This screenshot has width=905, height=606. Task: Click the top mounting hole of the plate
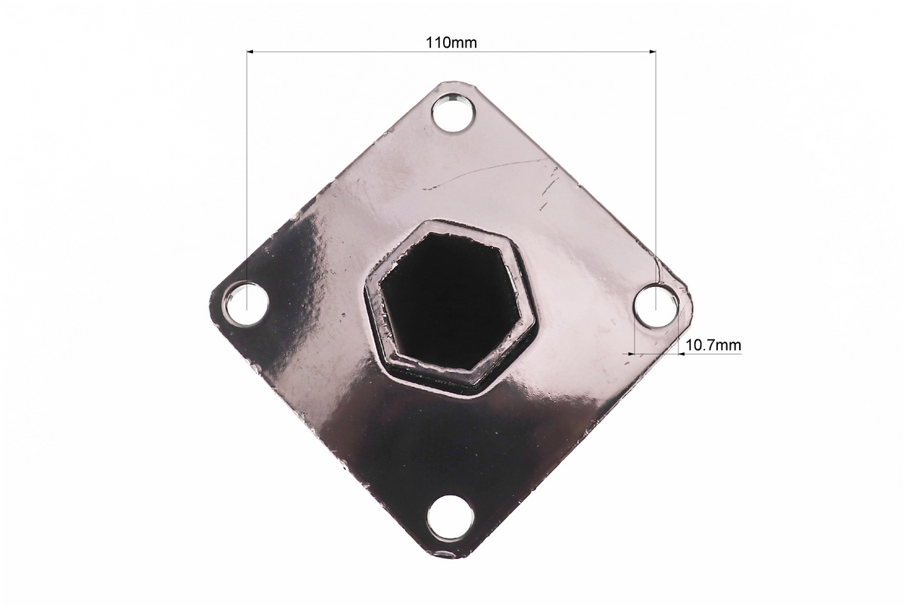coord(453,113)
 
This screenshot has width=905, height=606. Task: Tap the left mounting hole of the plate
coord(247,303)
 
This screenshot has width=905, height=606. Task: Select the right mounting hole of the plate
coord(657,305)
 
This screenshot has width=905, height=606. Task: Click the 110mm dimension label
coord(451,42)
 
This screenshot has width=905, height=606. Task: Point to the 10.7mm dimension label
coord(713,345)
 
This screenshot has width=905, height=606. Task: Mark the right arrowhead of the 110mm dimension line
coord(652,52)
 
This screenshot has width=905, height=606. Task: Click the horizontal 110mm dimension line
coord(451,52)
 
